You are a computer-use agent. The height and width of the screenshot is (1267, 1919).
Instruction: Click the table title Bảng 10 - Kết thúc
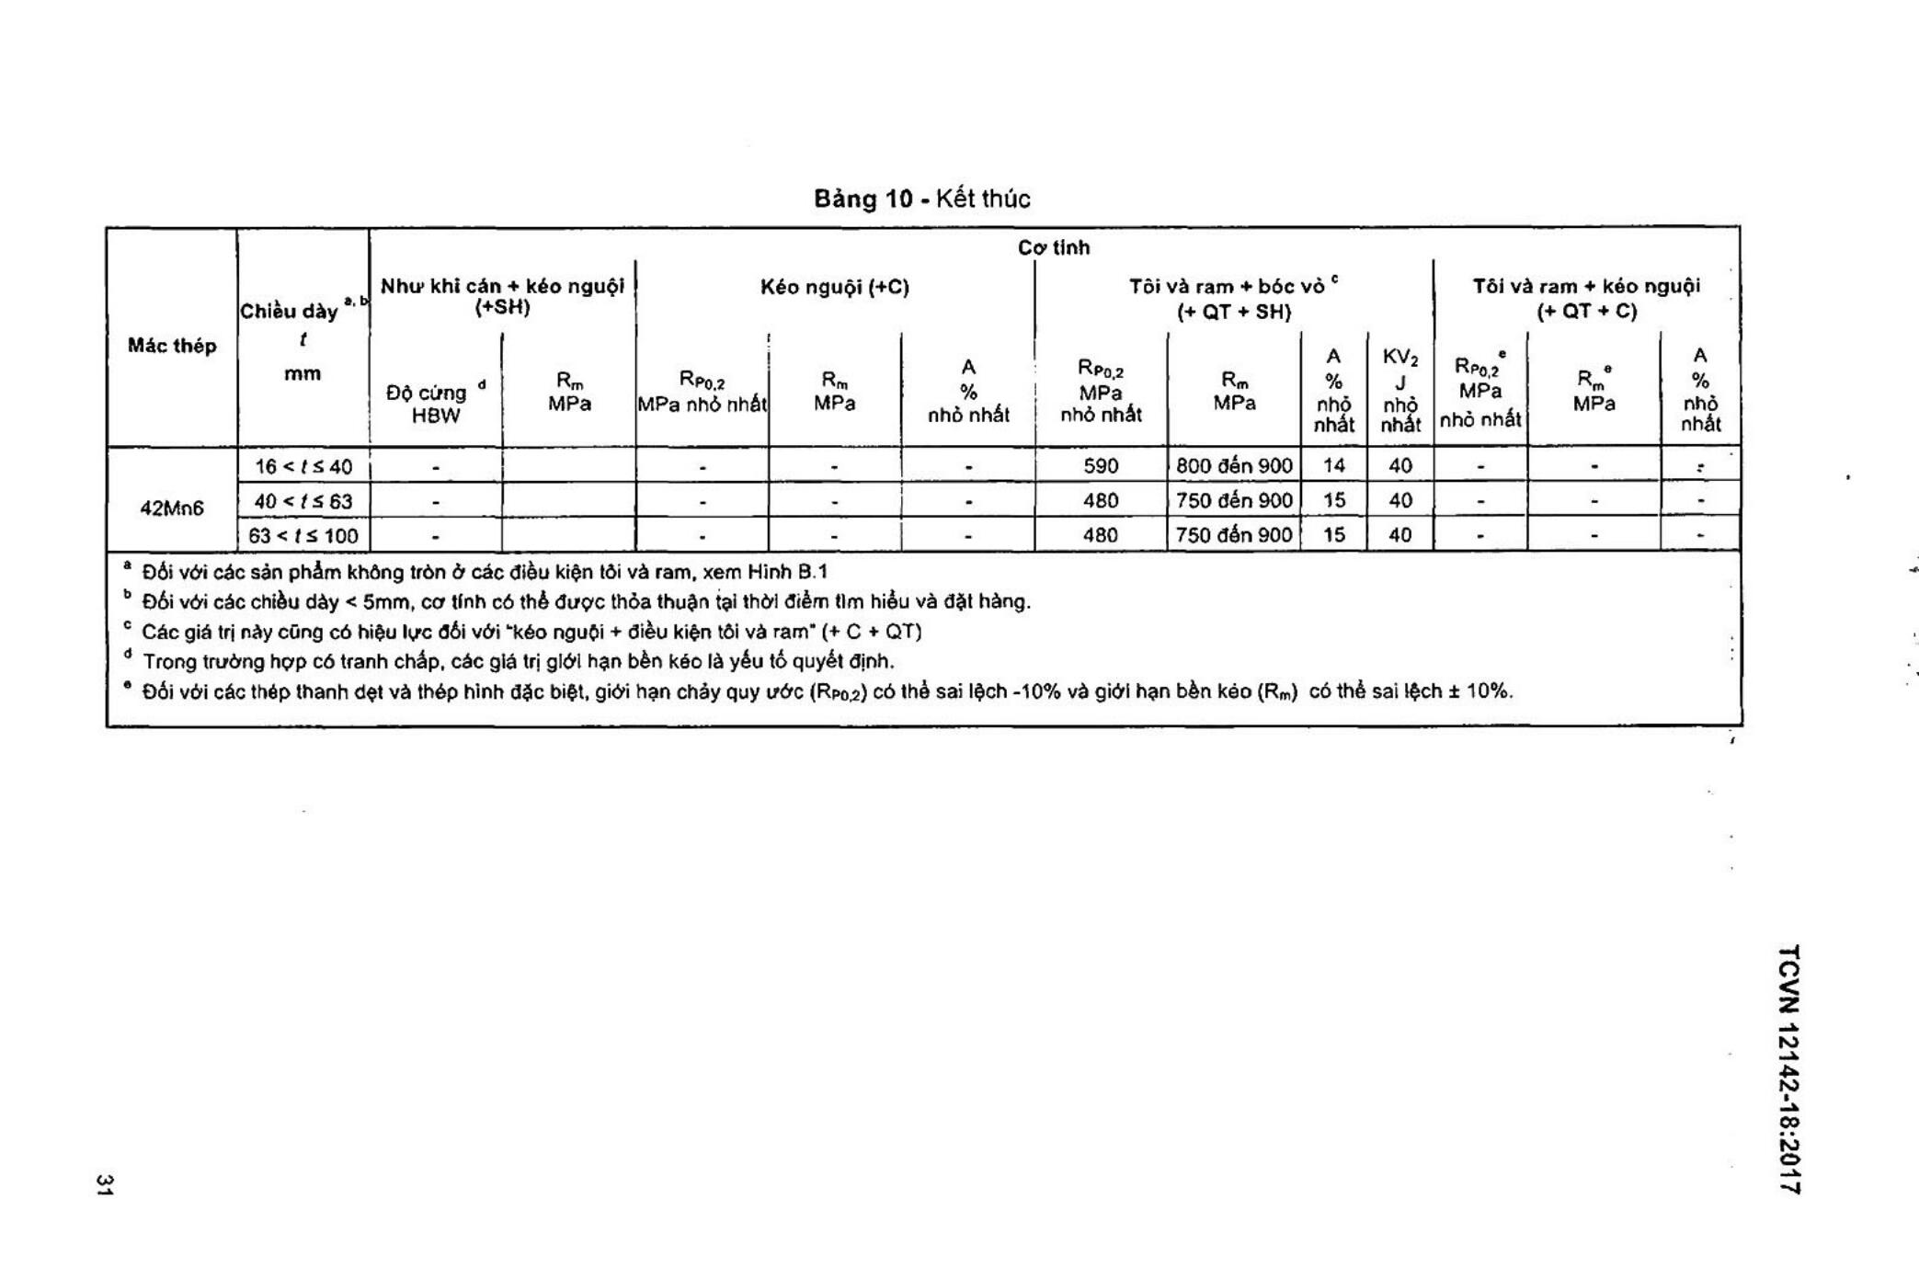pos(921,199)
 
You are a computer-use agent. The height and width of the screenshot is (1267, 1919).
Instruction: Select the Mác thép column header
pos(172,346)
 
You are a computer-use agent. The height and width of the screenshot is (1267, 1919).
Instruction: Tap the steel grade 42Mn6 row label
pos(172,508)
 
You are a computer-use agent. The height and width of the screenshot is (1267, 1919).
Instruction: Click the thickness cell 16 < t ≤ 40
pos(303,466)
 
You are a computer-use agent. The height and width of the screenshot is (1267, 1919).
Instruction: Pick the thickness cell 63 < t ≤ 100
pos(303,535)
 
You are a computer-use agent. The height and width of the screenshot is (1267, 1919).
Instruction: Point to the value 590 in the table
pos(1101,466)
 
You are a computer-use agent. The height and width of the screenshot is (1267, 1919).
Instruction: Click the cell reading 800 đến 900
pos(1234,466)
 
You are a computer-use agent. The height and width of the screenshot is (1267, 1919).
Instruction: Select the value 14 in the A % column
pos(1333,466)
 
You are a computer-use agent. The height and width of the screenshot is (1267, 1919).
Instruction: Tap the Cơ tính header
pos(1054,247)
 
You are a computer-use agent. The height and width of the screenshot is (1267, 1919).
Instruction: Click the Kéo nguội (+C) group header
pos(834,287)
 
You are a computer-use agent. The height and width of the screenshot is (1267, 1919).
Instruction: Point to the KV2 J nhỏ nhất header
pos(1400,391)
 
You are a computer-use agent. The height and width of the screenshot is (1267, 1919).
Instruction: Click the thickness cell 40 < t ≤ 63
pos(303,501)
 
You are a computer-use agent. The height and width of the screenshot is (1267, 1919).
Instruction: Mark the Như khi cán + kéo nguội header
pos(502,296)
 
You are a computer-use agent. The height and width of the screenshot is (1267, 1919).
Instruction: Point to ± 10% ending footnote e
pos(1480,691)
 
